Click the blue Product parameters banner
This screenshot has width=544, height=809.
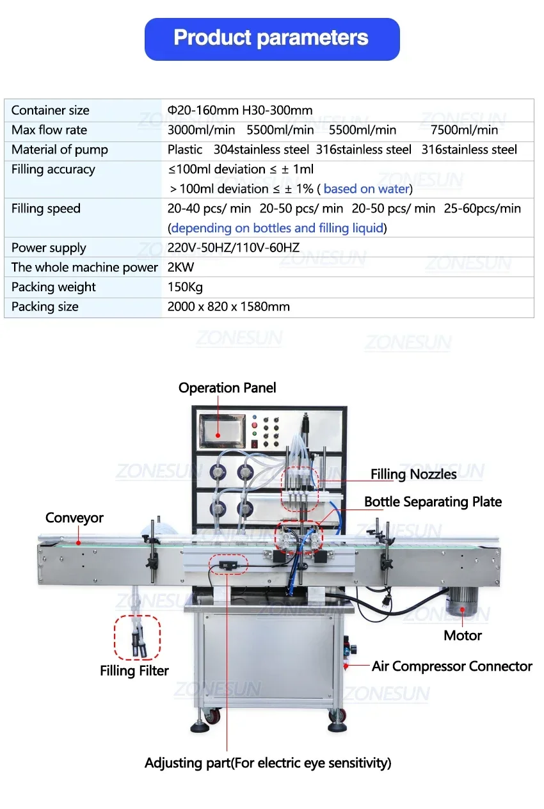(272, 38)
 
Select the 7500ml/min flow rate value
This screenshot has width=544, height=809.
(464, 130)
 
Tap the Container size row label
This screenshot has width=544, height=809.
(51, 110)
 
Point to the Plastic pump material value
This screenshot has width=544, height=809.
(185, 150)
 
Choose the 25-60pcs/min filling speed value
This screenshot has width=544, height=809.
(484, 209)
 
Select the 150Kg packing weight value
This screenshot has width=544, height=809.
(185, 287)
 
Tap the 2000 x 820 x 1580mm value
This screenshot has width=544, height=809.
(228, 307)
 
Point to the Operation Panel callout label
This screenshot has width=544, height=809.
(227, 388)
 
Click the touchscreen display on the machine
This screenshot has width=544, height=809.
(221, 431)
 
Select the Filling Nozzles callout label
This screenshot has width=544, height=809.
(413, 474)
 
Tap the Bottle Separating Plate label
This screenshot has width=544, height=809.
(433, 502)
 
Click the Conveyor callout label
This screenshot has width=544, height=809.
(74, 518)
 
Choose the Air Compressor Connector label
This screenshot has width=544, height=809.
(452, 666)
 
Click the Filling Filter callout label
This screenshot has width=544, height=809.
(134, 671)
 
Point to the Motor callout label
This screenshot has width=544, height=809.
(463, 636)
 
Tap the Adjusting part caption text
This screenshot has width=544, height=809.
(268, 763)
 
